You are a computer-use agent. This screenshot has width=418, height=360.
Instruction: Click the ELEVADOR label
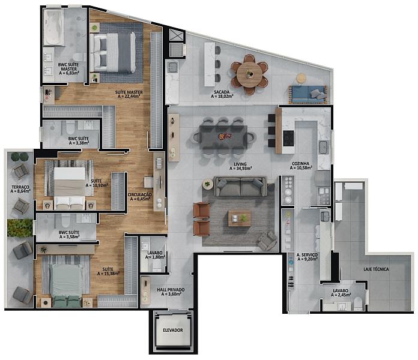[173, 330]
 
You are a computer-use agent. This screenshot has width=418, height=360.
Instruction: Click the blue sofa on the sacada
[307, 94]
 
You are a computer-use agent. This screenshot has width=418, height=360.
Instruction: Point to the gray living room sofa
[240, 187]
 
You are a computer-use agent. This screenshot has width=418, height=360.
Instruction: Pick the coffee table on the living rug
[240, 218]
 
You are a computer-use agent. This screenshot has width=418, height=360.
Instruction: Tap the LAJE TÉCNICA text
[376, 269]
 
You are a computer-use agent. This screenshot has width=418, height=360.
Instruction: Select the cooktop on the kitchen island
[288, 138]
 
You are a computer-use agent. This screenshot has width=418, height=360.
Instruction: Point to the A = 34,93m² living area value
[241, 168]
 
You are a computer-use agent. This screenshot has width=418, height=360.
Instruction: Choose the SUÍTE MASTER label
[129, 92]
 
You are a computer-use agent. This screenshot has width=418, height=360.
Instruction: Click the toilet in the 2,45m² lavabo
[359, 304]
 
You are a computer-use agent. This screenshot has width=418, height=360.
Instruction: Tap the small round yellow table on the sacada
[301, 78]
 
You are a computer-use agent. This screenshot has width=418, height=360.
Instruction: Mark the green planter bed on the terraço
[20, 227]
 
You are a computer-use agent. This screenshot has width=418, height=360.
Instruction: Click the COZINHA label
[300, 163]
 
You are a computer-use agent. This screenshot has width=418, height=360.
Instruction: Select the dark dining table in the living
[223, 137]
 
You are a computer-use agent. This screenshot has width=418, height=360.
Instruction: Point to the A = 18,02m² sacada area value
[222, 96]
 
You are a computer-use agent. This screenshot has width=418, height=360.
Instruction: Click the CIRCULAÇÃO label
[140, 194]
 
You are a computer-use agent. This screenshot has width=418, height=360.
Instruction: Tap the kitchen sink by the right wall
[324, 148]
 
